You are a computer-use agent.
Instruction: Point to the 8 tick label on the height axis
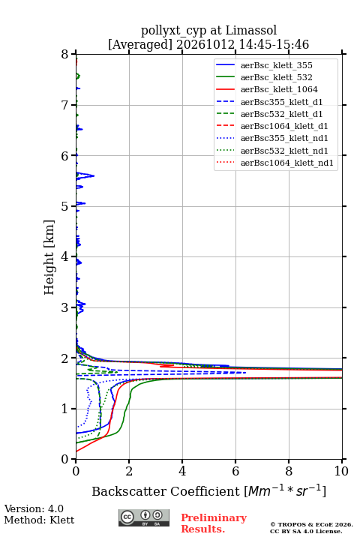tap(65, 55)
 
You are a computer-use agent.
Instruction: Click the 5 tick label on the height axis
tap(65, 207)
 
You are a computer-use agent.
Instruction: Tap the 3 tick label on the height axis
tap(65, 307)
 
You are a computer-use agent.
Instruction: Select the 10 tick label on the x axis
tap(341, 471)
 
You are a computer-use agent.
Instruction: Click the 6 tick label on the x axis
tap(235, 471)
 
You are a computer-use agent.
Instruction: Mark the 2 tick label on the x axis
tap(129, 471)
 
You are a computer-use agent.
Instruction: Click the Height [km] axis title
tap(49, 257)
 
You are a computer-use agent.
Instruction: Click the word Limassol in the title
tap(251, 30)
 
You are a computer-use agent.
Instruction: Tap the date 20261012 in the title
tap(205, 44)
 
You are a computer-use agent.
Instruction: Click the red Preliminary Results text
tap(214, 523)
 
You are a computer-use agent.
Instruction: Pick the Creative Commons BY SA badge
tap(144, 517)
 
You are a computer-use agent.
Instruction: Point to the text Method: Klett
tap(39, 520)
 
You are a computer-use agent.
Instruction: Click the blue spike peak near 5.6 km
tap(94, 176)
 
